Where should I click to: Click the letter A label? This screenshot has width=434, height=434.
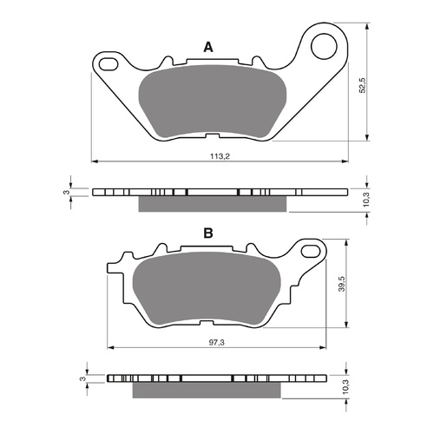point(207,47)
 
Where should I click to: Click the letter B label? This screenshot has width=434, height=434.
point(208,233)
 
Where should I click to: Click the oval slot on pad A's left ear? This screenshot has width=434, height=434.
point(109,62)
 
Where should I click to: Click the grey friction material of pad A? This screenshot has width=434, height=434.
point(212,102)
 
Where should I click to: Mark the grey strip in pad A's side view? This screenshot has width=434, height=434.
point(212,203)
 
